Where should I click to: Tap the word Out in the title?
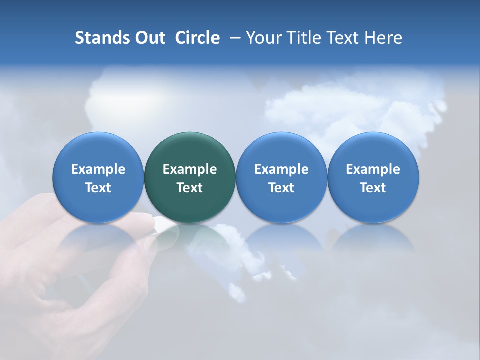[149, 38]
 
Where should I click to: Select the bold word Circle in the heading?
[197, 38]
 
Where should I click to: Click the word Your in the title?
[263, 38]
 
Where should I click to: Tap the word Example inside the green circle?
[190, 169]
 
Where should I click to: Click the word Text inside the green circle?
[190, 188]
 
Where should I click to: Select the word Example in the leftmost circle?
[98, 169]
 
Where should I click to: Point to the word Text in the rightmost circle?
[373, 188]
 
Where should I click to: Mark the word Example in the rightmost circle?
[373, 169]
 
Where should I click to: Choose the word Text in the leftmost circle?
[98, 188]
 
